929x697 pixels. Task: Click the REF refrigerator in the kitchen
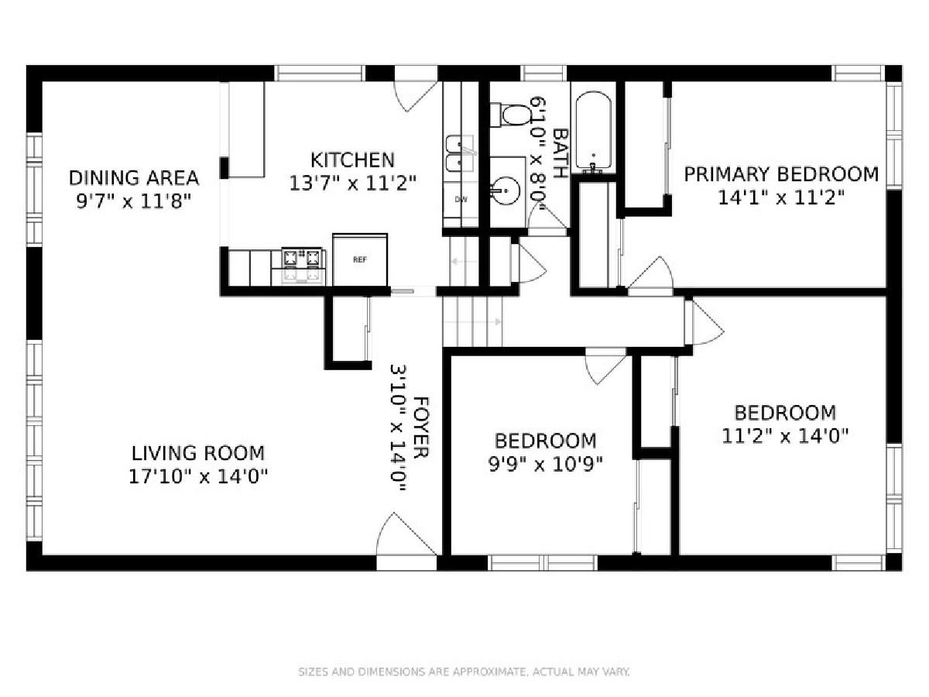coord(360,260)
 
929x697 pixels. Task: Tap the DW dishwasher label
coord(461,199)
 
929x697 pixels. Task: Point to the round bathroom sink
coord(506,191)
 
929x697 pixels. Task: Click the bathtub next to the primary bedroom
coord(593,132)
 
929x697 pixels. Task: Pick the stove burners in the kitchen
coord(302,266)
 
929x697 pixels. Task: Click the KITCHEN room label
coord(352,160)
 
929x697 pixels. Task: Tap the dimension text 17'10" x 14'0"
coord(198,477)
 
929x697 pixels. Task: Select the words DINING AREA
coord(134,178)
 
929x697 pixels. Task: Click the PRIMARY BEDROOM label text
coord(781,175)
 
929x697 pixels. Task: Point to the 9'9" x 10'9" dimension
coord(546,465)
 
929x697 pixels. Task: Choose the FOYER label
coord(420,427)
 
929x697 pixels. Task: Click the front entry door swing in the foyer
coord(406,534)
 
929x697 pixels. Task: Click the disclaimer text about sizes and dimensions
coord(464,671)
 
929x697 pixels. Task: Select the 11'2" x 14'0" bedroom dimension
coord(785,436)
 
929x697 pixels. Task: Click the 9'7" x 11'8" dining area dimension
coord(134,201)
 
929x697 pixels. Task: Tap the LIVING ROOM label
coord(198,454)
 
